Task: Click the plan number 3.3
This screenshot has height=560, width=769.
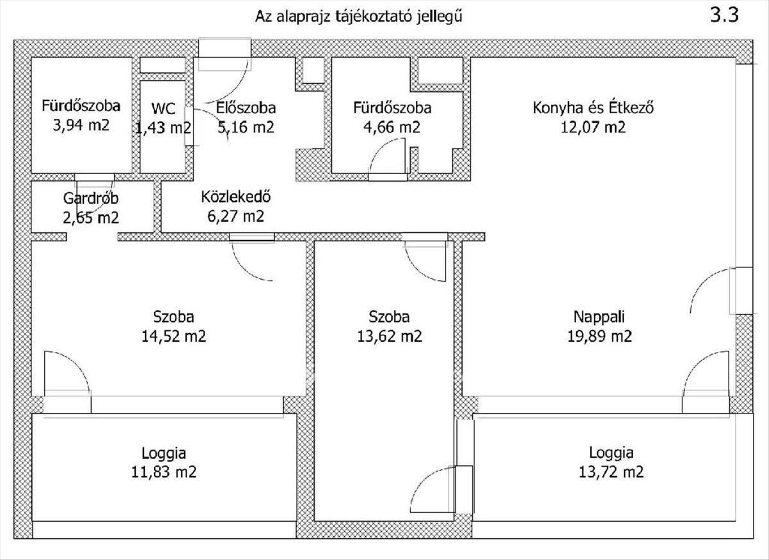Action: click(724, 15)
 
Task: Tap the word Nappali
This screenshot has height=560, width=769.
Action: click(599, 317)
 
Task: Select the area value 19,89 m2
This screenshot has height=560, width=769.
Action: click(599, 337)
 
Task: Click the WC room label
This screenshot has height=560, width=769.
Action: click(163, 109)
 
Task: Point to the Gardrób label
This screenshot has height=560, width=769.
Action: click(90, 198)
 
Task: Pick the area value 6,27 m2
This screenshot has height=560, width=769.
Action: click(236, 216)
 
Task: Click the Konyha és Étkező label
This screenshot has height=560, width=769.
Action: click(593, 108)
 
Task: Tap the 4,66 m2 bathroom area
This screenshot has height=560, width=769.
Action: click(392, 127)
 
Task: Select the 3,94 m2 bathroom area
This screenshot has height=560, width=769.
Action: click(81, 125)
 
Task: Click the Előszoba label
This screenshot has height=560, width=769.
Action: click(246, 108)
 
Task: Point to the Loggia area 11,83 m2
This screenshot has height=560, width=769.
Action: click(164, 472)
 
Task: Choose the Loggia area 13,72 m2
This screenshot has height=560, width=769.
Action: click(611, 472)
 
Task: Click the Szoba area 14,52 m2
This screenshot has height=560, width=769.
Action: click(174, 337)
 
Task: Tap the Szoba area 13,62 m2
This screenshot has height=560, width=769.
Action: click(390, 337)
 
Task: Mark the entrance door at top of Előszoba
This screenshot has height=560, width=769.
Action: click(225, 55)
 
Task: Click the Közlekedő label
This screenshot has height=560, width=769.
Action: click(236, 197)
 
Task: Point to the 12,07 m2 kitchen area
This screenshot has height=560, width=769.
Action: click(593, 127)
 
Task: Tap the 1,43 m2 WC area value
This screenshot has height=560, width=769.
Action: click(163, 128)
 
